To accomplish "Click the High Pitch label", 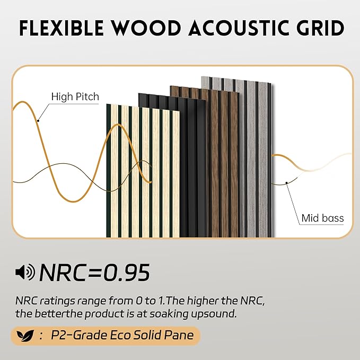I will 75,97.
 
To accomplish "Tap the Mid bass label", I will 322,217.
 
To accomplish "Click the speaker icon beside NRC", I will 25,272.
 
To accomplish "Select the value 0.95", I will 126,272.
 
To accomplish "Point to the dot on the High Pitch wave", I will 39,120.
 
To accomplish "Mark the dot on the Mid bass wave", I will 287,182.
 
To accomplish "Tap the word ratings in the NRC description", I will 55,301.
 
